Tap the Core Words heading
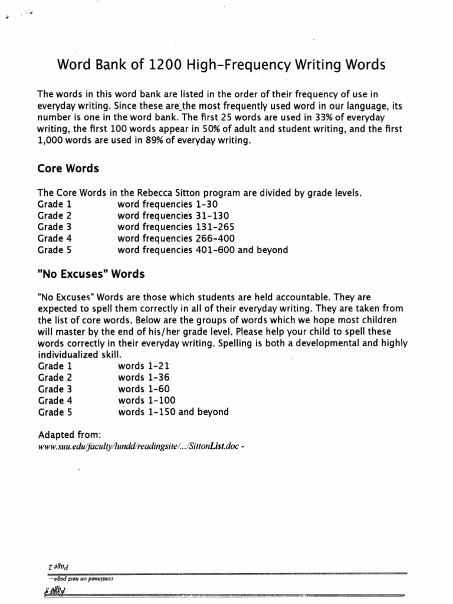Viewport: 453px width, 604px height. (68, 169)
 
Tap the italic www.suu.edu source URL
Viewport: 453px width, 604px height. (139, 447)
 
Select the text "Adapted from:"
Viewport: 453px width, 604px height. (70, 435)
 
